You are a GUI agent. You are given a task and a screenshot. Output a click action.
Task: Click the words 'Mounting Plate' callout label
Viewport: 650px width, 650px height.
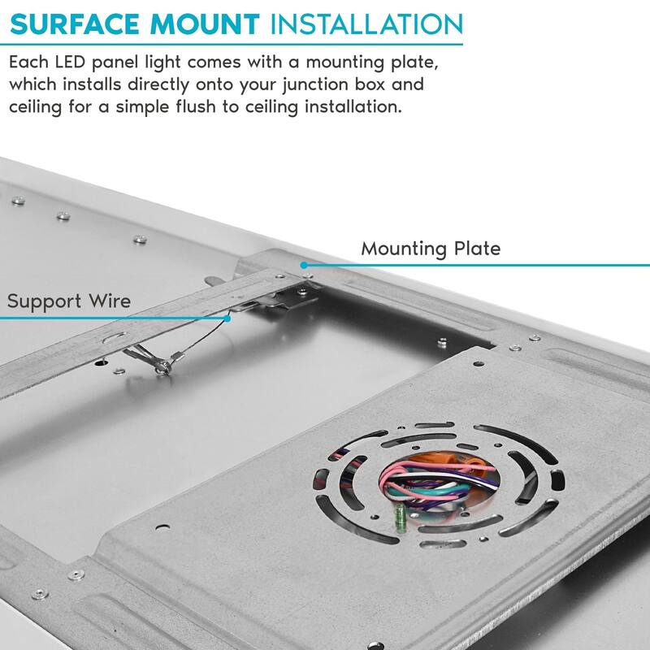tap(431, 248)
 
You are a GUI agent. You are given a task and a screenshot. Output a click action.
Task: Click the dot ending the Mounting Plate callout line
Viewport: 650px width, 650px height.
tap(303, 265)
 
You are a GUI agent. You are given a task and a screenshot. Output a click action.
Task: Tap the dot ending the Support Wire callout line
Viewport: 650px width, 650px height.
tap(230, 318)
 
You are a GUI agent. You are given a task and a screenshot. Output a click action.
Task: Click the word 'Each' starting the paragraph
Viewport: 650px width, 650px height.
tap(27, 62)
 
